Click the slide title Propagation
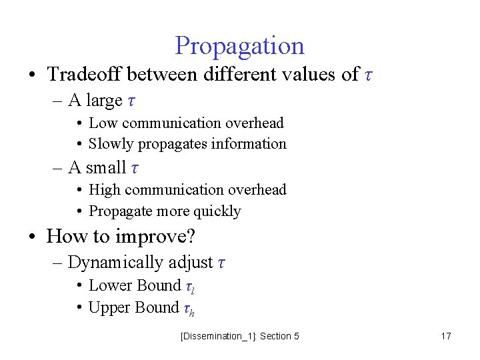(x=239, y=46)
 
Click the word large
(x=104, y=101)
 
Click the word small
(x=105, y=167)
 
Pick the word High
(x=105, y=190)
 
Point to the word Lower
(x=111, y=286)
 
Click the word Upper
(x=110, y=307)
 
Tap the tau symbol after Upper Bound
(x=187, y=309)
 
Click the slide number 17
(x=446, y=336)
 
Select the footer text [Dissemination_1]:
(x=217, y=336)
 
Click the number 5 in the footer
(x=296, y=336)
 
